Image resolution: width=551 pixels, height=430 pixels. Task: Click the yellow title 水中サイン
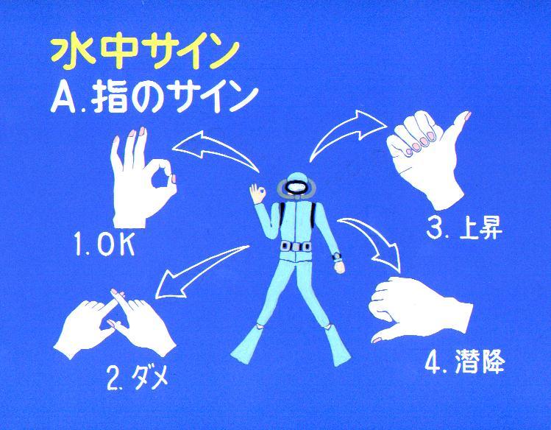pyautogui.click(x=145, y=54)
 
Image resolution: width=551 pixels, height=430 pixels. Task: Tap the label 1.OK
pyautogui.click(x=104, y=243)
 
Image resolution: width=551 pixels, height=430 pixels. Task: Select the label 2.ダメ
pyautogui.click(x=138, y=378)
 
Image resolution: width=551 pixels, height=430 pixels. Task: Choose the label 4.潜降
pyautogui.click(x=465, y=362)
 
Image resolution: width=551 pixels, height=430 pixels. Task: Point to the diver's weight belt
pyautogui.click(x=296, y=247)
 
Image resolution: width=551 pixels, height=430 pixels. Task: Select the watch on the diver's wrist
pyautogui.click(x=337, y=257)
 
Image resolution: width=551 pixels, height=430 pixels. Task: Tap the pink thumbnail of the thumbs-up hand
pyautogui.click(x=468, y=115)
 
